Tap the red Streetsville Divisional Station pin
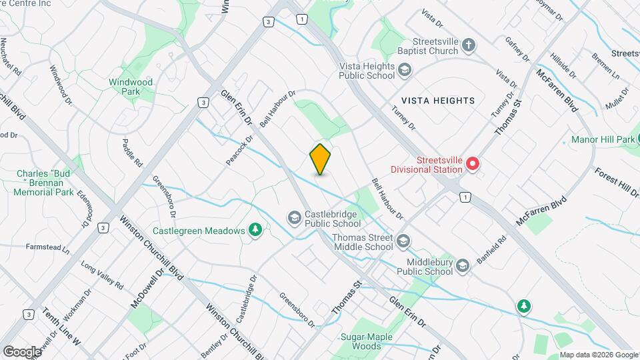click(473, 163)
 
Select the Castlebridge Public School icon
click(294, 218)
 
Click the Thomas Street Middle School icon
click(403, 241)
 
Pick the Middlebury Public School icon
click(463, 266)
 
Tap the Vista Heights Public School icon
click(403, 69)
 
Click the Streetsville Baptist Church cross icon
click(469, 45)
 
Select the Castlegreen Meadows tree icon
click(254, 230)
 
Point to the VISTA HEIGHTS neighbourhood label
click(438, 101)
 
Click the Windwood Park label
click(131, 87)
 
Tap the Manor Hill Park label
click(603, 140)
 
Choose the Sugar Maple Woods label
click(366, 342)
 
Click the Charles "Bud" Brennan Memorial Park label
click(45, 183)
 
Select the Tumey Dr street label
click(403, 121)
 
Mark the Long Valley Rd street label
click(102, 275)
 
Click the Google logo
click(22, 351)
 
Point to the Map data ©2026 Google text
click(598, 355)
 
